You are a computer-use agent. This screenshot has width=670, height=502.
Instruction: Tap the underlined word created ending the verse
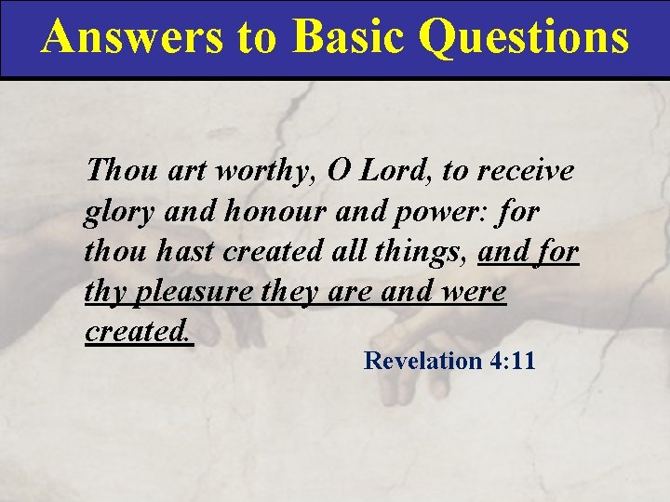pyautogui.click(x=138, y=332)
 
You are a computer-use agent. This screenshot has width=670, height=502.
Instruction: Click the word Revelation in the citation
pyautogui.click(x=422, y=361)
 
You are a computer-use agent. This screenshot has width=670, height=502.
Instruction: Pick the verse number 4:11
pyautogui.click(x=513, y=361)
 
